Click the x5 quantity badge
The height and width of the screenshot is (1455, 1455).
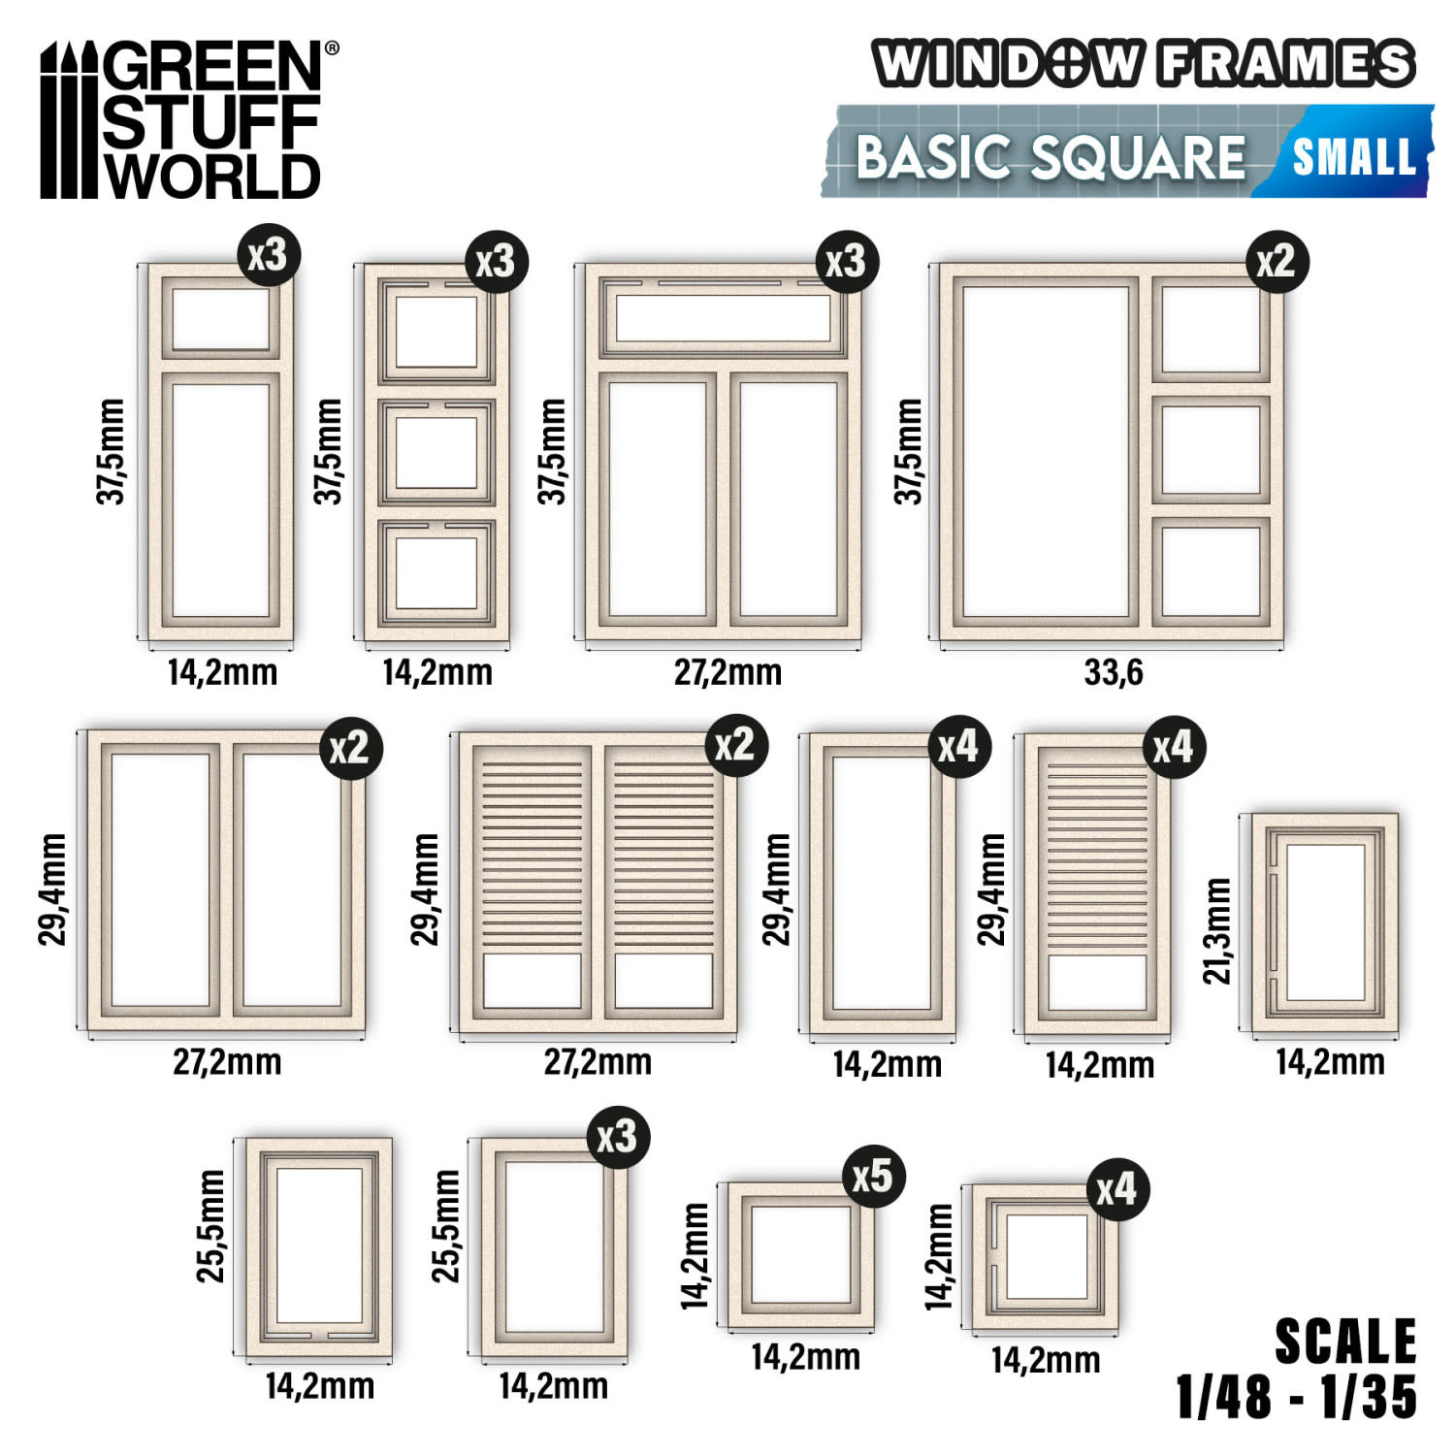click(x=872, y=1176)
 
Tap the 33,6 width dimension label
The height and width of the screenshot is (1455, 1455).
click(x=1113, y=671)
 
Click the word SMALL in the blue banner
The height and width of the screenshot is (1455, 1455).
click(x=1354, y=156)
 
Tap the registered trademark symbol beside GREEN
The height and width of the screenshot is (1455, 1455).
click(x=331, y=47)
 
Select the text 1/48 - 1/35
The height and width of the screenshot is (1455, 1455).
click(x=1296, y=1397)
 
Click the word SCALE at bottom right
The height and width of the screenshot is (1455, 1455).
click(x=1345, y=1342)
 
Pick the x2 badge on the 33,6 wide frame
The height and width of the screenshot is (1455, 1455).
click(x=1277, y=261)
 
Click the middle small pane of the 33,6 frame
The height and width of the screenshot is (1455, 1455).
click(x=1211, y=449)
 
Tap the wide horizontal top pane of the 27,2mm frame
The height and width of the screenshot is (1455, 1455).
click(x=723, y=317)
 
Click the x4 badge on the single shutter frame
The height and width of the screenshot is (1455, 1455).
click(x=1173, y=746)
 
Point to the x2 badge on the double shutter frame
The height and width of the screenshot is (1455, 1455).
click(x=735, y=744)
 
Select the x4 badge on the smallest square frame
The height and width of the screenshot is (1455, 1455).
click(x=1117, y=1188)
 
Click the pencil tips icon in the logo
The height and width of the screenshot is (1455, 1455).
click(x=69, y=120)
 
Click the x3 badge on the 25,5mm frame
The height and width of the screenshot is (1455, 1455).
click(x=618, y=1136)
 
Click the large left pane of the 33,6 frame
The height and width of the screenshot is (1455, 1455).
click(x=1046, y=451)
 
